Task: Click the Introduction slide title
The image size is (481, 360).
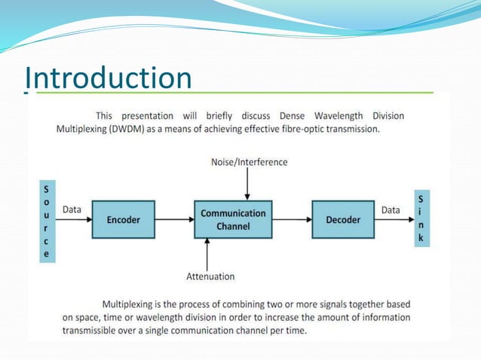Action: [x=108, y=78]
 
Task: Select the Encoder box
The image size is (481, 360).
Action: [x=124, y=220]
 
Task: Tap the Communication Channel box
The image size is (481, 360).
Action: [x=233, y=220]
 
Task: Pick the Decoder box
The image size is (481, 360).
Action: [x=343, y=220]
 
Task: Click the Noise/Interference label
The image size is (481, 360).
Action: [x=249, y=162]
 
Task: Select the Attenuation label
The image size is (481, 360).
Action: [x=210, y=276]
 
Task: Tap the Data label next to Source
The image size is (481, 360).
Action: [x=72, y=210]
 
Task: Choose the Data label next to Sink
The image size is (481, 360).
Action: [x=391, y=210]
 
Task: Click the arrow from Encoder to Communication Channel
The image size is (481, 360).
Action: [x=174, y=220]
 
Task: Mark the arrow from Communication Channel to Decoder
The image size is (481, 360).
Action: [x=292, y=220]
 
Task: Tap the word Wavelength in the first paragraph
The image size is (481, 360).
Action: [x=339, y=116]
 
